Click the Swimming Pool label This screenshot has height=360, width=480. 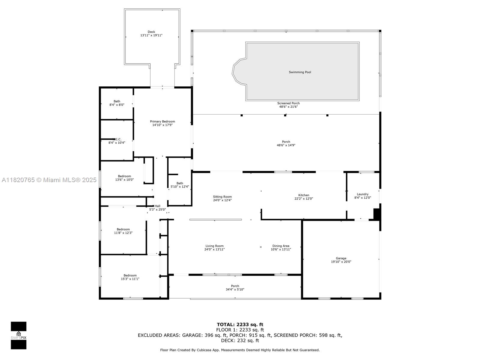click(x=300, y=72)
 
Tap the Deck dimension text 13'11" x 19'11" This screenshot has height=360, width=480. click(x=151, y=35)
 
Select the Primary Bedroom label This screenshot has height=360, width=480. click(x=162, y=121)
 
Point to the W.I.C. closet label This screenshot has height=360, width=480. click(x=117, y=139)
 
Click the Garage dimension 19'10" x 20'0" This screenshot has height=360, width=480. click(x=341, y=262)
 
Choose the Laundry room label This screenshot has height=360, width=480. click(x=362, y=194)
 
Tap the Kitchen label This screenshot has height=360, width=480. click(x=304, y=195)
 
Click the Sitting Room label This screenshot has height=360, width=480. click(x=222, y=197)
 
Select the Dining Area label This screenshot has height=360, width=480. click(x=281, y=246)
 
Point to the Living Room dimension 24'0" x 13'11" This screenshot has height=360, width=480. click(x=214, y=250)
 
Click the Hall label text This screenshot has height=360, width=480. click(x=157, y=206)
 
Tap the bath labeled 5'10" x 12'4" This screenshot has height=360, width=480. click(x=180, y=185)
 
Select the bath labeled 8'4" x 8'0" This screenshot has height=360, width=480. click(x=117, y=103)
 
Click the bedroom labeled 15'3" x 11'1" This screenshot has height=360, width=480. click(x=130, y=277)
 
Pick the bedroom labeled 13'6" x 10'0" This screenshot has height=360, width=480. click(x=124, y=178)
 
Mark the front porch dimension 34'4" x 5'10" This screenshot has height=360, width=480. click(x=235, y=289)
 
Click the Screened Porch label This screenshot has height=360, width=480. click(x=288, y=103)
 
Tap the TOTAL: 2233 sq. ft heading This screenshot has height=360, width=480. click(x=240, y=324)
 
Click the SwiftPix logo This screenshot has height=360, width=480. click(x=19, y=335)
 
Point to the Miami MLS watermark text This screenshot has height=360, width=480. click(x=49, y=180)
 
